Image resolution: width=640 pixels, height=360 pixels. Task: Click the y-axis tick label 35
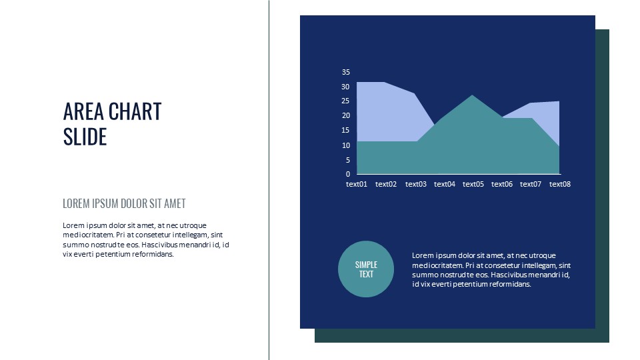[346, 72]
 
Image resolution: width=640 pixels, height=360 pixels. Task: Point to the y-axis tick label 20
[346, 115]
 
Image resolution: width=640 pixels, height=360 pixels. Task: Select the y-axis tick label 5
[348, 160]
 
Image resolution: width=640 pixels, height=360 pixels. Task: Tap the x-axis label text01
[357, 184]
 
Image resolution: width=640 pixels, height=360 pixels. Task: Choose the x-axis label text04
[445, 184]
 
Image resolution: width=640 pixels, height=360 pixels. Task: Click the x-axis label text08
[560, 184]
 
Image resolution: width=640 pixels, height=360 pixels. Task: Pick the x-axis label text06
[502, 184]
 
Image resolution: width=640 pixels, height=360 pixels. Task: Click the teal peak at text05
[472, 95]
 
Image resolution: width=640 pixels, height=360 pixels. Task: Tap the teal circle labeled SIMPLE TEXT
[366, 269]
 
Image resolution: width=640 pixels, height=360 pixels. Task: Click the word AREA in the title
[83, 111]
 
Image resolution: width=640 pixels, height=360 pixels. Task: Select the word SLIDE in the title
[85, 137]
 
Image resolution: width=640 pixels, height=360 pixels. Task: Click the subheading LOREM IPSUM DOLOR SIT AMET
[124, 203]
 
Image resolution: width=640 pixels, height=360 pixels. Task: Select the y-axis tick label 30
[346, 87]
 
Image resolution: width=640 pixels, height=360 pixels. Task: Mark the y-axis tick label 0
[348, 174]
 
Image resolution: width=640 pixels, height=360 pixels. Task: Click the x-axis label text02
[386, 184]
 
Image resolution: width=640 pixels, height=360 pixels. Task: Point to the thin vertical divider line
[269, 180]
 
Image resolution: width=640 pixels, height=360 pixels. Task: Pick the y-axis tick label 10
[346, 145]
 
